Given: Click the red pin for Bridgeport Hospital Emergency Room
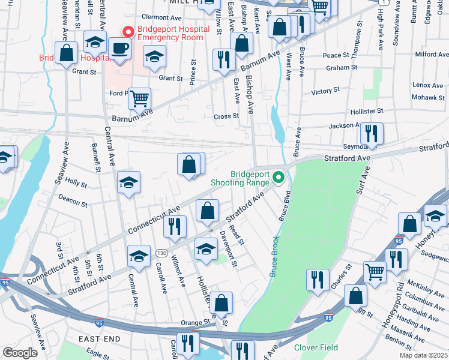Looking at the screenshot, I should click(127, 31).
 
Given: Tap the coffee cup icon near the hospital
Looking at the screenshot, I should click(119, 49).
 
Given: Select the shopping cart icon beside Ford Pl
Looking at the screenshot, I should click(139, 98).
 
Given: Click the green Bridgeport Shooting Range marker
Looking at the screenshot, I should click(279, 177).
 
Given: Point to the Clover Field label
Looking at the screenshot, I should click(315, 347).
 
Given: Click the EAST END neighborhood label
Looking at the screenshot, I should click(99, 339).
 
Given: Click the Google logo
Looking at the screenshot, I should click(20, 352).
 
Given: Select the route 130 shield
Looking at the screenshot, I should click(161, 253).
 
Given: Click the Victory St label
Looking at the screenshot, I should click(326, 91).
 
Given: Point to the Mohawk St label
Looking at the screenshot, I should click(427, 97).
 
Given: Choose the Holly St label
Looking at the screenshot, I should click(76, 181).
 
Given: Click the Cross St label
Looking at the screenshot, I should click(227, 116).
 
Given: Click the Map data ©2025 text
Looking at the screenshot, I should click(423, 355).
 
